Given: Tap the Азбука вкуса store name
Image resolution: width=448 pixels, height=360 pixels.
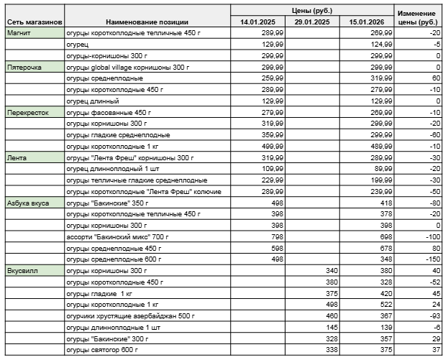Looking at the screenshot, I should [28, 203].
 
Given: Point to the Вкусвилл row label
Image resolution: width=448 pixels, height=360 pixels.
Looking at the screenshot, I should [20, 271].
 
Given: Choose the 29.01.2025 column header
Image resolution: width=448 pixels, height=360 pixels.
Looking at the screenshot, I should [312, 22].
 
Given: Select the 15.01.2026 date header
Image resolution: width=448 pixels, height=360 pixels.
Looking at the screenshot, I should [367, 22].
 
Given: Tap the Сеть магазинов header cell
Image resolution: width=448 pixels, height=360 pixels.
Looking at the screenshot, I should [34, 22].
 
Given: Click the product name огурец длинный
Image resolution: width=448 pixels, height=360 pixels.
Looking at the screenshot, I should [91, 101].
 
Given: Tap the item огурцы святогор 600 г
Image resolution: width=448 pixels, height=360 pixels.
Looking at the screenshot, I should [102, 350].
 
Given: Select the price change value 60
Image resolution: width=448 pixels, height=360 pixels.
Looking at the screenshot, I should [436, 78].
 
